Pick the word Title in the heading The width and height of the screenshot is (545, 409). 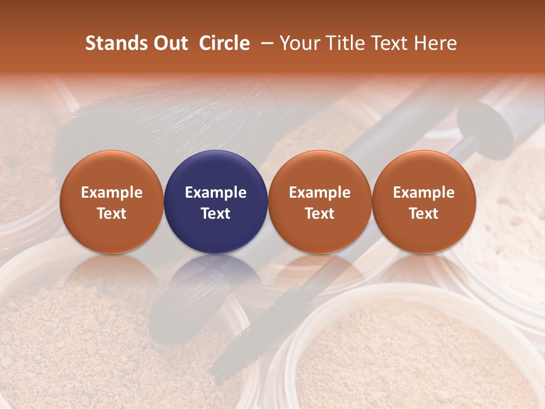347,43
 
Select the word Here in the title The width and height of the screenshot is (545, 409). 435,43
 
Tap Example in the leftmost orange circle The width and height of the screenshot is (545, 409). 112,193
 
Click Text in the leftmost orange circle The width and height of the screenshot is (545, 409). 112,214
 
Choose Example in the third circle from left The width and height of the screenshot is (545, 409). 320,193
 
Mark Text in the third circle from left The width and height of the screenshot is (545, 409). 320,214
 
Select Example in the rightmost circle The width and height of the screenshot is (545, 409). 424,193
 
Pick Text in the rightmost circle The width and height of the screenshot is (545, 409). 424,214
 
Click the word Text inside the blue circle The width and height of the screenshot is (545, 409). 216,214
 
